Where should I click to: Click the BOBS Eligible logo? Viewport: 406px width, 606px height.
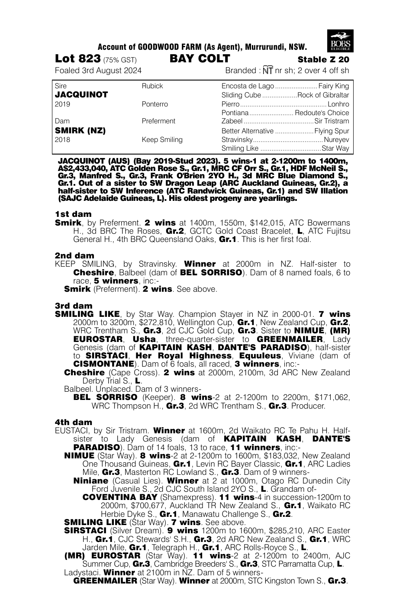click(x=341, y=41)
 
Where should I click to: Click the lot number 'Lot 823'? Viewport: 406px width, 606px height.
click(x=78, y=59)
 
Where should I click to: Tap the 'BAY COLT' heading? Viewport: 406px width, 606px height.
click(x=200, y=58)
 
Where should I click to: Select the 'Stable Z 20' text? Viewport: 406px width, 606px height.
click(x=323, y=60)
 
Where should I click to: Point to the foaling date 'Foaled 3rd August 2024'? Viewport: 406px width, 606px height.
click(x=98, y=71)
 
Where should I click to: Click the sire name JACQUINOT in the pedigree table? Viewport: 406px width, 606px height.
click(x=81, y=95)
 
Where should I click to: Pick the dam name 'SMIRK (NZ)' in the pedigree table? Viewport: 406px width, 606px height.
click(x=81, y=130)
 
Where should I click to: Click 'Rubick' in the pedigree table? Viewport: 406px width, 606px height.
click(x=152, y=86)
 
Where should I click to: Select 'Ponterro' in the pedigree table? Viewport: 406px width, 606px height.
click(x=155, y=104)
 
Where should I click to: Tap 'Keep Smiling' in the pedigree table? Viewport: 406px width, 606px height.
click(x=162, y=139)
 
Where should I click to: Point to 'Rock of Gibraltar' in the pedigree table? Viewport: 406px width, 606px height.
click(x=323, y=95)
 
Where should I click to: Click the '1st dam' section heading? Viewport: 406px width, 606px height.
click(x=73, y=214)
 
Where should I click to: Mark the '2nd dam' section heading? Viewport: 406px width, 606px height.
click(x=74, y=255)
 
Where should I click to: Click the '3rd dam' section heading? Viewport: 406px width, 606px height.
click(x=74, y=306)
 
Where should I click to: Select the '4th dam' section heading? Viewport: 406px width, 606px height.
click(x=74, y=422)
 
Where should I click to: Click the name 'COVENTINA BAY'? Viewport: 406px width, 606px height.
click(x=114, y=497)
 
